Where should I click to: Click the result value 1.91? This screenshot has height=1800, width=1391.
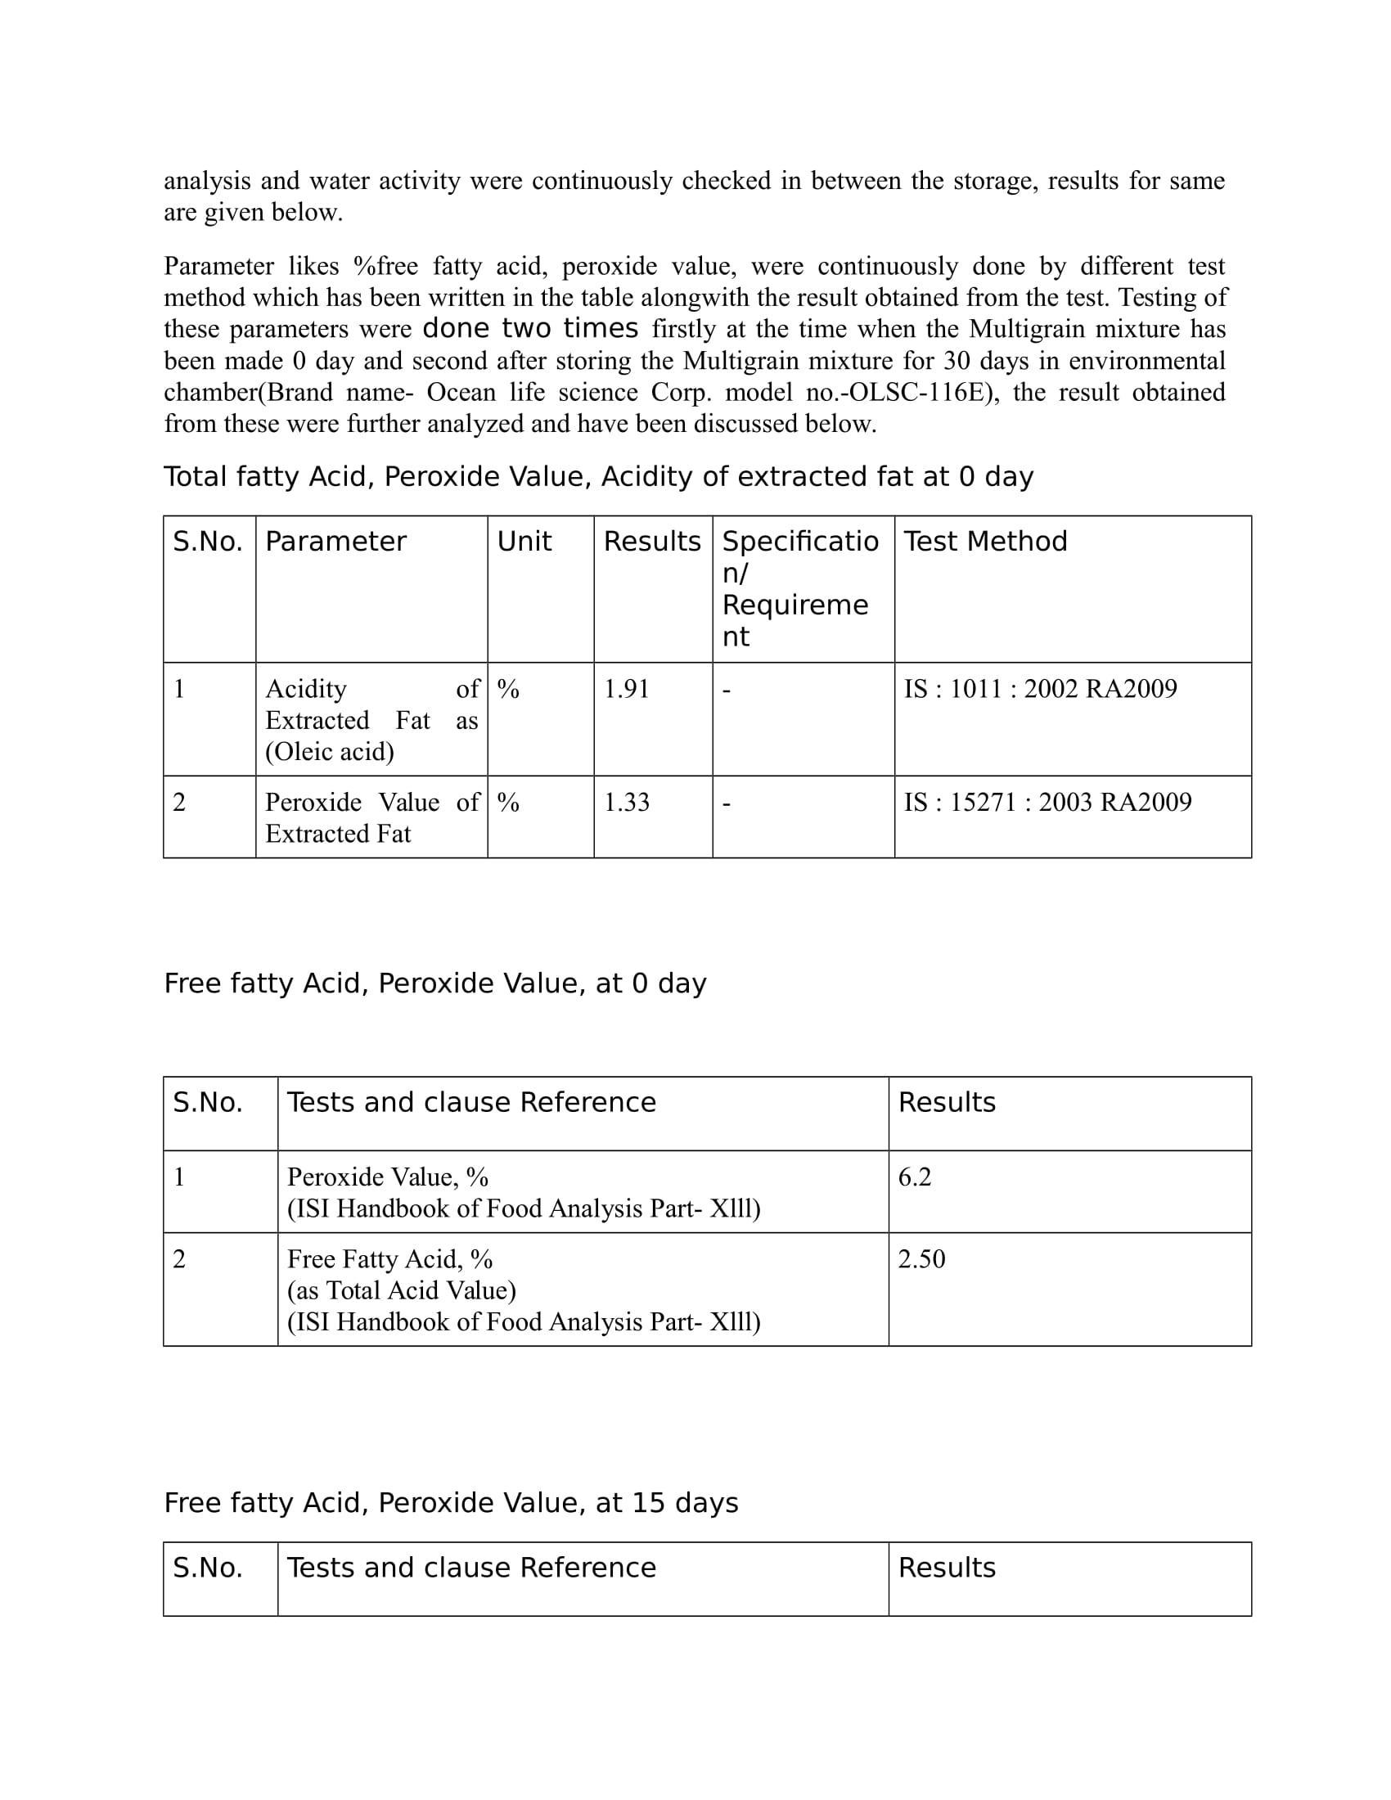(626, 689)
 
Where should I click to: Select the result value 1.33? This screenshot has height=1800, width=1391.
(626, 802)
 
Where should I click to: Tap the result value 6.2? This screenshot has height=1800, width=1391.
(914, 1177)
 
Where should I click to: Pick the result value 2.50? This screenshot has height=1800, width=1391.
(921, 1258)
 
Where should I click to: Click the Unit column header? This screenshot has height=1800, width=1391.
(524, 542)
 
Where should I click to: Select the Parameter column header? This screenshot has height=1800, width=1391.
(335, 542)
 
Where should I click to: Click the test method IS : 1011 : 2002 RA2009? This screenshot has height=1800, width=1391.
(1040, 689)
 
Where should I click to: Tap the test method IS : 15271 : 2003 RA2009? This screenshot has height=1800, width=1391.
(1047, 802)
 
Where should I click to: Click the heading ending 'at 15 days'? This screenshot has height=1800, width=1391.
(451, 1502)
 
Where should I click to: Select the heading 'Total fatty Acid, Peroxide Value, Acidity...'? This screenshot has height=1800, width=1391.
(598, 476)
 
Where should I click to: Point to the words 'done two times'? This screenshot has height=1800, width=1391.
(530, 329)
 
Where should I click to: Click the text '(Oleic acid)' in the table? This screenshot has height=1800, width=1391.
(330, 752)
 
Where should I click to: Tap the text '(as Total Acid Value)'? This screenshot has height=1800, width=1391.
(401, 1289)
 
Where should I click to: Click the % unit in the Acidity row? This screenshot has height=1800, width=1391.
(508, 689)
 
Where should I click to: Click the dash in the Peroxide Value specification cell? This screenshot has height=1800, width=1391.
(726, 802)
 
